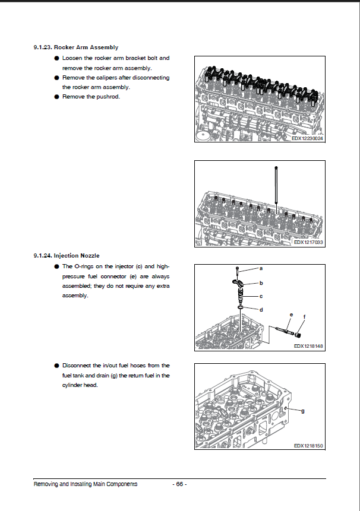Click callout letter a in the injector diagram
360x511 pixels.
[260, 269]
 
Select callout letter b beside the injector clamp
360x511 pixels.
[260, 283]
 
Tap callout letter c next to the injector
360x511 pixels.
[260, 295]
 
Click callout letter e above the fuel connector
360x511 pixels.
[291, 314]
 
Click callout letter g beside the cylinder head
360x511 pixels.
[303, 411]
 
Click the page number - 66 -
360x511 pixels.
[179, 484]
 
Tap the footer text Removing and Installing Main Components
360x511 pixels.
[86, 484]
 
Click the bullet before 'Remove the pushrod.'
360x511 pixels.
[56, 97]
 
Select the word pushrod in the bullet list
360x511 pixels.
[108, 97]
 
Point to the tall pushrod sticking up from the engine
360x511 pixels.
[276, 184]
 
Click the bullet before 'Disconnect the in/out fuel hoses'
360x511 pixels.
[56, 366]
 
